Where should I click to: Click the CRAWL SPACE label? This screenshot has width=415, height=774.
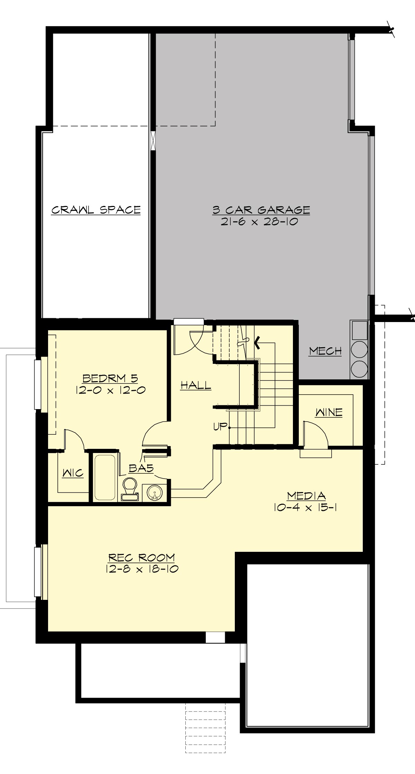(96, 210)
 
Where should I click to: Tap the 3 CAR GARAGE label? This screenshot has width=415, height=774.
(261, 210)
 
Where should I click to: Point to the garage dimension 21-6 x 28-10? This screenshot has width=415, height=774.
(259, 222)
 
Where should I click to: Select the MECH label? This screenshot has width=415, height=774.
(325, 351)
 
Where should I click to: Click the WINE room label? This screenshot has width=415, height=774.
(329, 412)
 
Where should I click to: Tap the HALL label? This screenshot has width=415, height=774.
(196, 385)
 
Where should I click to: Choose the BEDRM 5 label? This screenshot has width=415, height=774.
(110, 378)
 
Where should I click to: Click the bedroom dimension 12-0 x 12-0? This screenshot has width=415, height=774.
(110, 390)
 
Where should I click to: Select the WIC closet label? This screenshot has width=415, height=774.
(73, 473)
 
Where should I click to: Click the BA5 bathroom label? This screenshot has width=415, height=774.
(141, 468)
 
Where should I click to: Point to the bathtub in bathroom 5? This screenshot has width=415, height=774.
(105, 477)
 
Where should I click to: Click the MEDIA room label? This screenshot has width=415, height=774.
(306, 496)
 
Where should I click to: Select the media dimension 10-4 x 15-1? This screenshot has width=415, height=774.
(306, 508)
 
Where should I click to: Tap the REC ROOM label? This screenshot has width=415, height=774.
(142, 557)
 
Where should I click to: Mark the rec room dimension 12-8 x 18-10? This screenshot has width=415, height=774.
(142, 569)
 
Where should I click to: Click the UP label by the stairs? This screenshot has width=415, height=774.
(220, 427)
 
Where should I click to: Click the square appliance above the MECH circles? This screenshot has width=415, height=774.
(360, 330)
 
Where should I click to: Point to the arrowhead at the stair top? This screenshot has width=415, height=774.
(257, 343)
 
